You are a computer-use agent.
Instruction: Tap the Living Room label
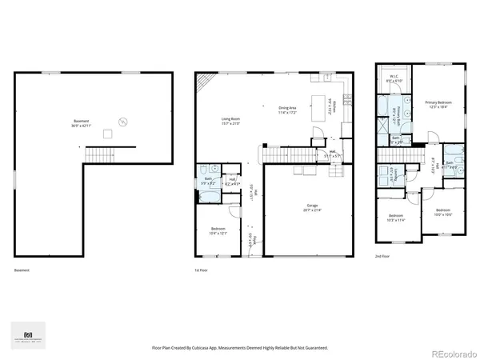coord(231,122)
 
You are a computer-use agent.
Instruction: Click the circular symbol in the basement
coord(122,122)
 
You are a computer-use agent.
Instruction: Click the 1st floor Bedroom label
coord(219,232)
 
